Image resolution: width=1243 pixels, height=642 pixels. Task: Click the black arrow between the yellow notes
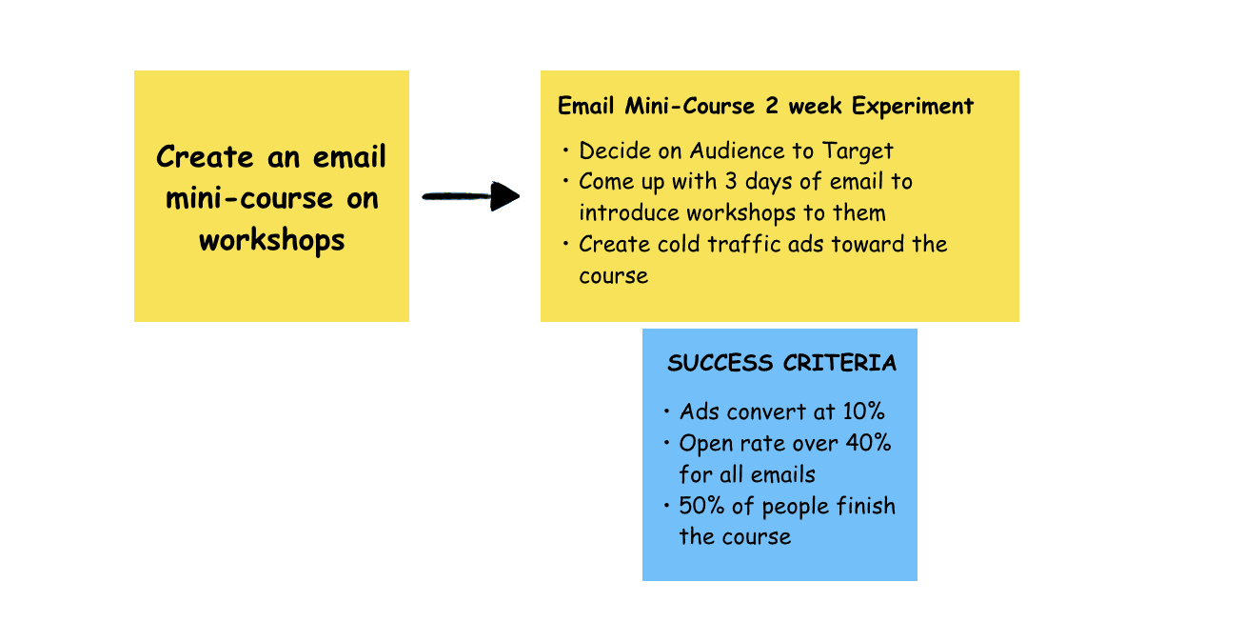(x=471, y=197)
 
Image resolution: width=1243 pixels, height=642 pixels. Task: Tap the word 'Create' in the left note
(x=205, y=156)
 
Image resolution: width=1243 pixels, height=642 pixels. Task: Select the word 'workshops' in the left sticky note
(x=271, y=239)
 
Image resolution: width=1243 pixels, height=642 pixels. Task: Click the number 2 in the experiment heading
(x=773, y=106)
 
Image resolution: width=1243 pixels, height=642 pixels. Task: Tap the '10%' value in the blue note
(x=863, y=411)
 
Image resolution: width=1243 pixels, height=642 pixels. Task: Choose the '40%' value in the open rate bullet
(x=869, y=443)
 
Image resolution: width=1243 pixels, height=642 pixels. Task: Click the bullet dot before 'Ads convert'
(x=666, y=411)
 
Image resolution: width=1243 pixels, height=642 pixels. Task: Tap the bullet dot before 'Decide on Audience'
(x=565, y=150)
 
